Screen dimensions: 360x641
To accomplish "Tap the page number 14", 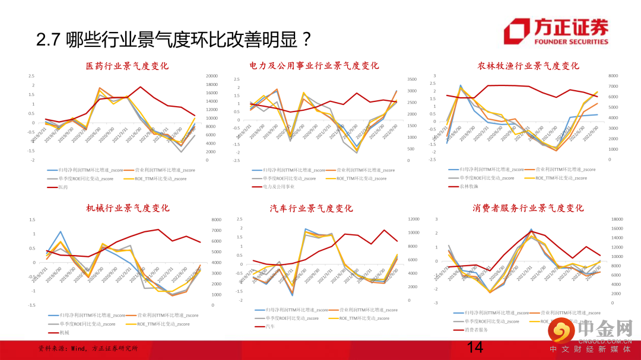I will click(475, 348).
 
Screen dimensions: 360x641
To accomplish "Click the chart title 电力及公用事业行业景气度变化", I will click(315, 66).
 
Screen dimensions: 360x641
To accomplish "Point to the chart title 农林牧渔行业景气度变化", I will click(528, 66).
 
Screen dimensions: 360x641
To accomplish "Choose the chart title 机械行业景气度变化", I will click(128, 208).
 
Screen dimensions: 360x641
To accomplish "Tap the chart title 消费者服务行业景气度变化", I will click(528, 208).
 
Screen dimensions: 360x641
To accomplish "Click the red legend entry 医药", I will click(62, 187).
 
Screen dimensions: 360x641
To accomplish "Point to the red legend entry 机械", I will click(62, 333).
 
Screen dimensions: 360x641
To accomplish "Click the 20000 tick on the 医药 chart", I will click(212, 76).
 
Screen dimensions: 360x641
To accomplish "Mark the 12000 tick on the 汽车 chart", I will click(414, 219).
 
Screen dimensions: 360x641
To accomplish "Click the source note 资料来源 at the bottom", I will click(89, 348).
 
